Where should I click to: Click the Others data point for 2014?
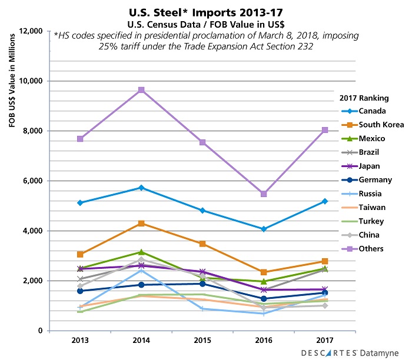tap(141, 90)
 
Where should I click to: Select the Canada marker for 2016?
tap(264, 229)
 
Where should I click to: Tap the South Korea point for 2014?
tap(141, 224)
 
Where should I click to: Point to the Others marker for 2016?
tap(264, 194)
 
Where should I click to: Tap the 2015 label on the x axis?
tap(202, 342)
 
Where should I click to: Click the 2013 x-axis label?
tap(80, 342)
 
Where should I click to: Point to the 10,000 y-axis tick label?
tap(33, 81)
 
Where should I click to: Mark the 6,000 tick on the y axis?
tap(35, 181)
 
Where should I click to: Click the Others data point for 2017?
tap(325, 130)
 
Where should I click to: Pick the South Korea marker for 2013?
tap(80, 254)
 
